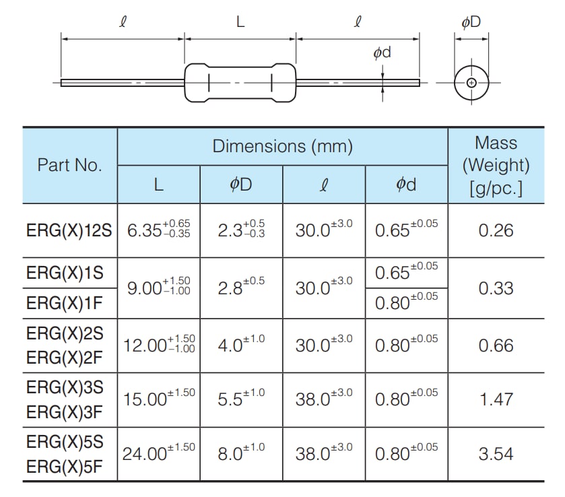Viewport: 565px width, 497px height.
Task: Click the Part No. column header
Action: [70, 166]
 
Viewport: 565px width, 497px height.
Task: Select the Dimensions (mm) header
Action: [283, 146]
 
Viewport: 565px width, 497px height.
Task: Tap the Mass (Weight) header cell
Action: [496, 165]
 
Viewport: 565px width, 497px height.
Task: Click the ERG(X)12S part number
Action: [68, 231]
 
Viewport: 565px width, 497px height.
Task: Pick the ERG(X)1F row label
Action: [65, 303]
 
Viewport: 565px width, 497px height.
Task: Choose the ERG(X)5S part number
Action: [65, 442]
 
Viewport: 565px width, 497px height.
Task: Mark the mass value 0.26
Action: [496, 230]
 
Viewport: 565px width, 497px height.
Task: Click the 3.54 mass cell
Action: [496, 454]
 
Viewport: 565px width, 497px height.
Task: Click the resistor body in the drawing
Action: [240, 84]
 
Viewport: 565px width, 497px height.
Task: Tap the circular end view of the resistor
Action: [471, 83]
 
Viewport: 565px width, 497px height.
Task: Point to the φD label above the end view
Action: [471, 23]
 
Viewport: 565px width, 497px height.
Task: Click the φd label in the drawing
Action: [382, 53]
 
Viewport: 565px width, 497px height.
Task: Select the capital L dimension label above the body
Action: [240, 23]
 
